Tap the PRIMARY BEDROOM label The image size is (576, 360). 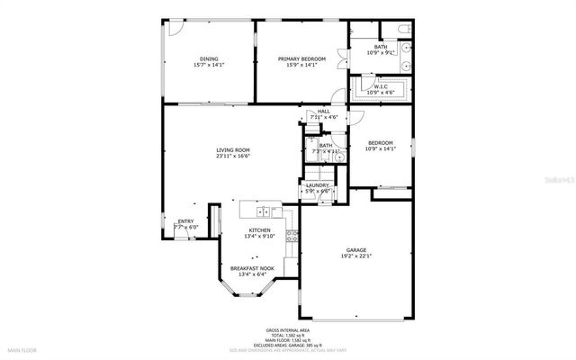click(301, 59)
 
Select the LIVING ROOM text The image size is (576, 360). click(232, 149)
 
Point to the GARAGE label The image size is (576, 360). click(355, 250)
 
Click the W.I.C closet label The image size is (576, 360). click(381, 87)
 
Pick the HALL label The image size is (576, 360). click(323, 112)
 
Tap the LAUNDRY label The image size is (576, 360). click(317, 185)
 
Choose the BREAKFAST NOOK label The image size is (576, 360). click(252, 268)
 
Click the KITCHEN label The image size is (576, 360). click(259, 230)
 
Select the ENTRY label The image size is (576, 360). click(185, 221)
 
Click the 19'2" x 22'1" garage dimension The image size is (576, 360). click(355, 256)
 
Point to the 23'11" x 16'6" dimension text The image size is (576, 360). click(232, 156)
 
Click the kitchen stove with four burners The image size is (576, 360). click(291, 237)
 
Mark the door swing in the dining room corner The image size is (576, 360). click(174, 27)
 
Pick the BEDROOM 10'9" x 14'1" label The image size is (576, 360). click(381, 146)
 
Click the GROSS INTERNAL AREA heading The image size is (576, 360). click(286, 331)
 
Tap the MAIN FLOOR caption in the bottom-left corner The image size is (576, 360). click(22, 348)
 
